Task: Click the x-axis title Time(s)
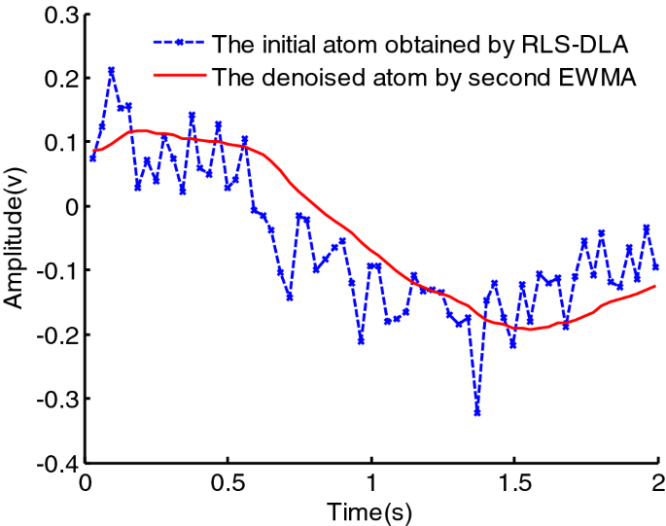(371, 510)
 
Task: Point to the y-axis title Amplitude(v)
(14, 238)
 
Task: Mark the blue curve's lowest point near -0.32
(477, 412)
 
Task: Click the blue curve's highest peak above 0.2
(111, 70)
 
